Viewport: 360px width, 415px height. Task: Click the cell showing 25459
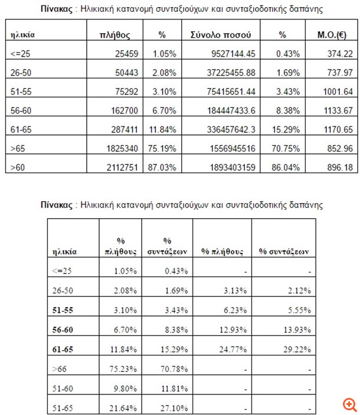[125, 54]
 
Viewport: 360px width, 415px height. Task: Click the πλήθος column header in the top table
[116, 35]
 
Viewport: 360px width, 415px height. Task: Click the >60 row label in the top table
[18, 167]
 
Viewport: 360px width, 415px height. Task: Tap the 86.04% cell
[288, 167]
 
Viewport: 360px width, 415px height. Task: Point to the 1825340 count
[120, 149]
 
